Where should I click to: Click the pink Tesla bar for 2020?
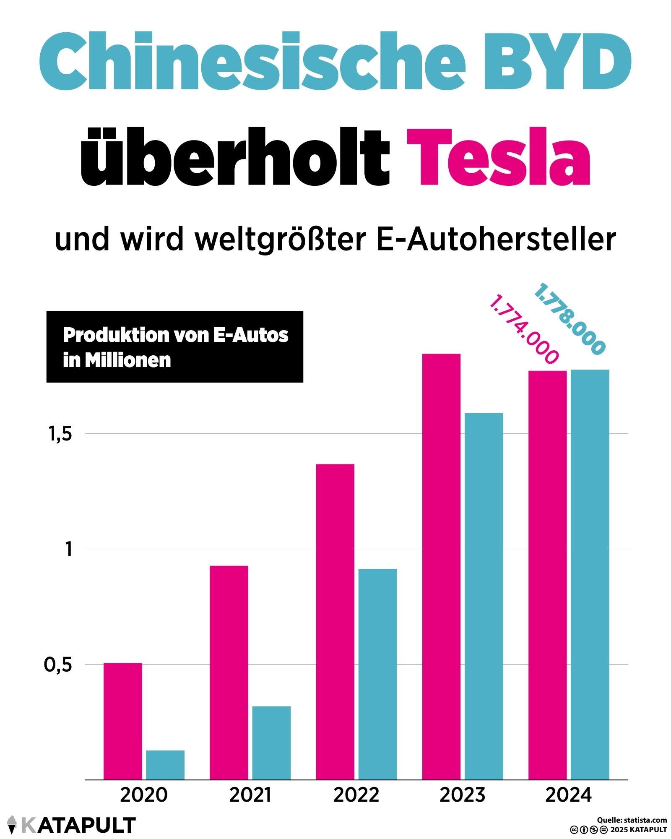122,721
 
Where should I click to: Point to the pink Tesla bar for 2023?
441,567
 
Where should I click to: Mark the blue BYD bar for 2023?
484,596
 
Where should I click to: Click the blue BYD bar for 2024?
590,574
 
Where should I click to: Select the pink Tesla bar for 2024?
547,575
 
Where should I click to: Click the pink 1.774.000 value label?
524,329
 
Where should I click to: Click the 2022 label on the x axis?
356,795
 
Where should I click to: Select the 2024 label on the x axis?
569,795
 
